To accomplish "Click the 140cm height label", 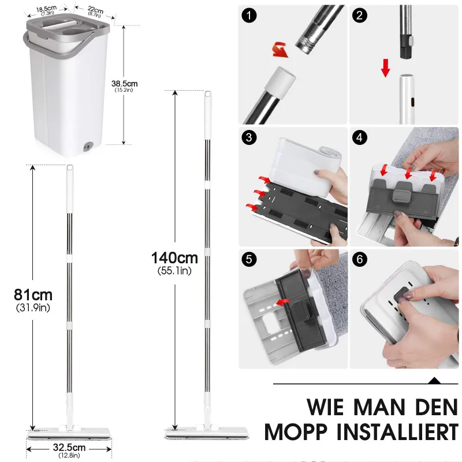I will coord(174,258).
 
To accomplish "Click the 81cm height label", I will coord(33,295).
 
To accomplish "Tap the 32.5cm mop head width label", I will coord(69,448).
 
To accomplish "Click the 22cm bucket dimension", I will coord(95,10).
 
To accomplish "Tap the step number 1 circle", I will coord(249,16).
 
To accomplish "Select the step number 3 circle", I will coord(249,137).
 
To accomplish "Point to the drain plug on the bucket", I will coord(88,147).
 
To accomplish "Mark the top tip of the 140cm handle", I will coord(207,93).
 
